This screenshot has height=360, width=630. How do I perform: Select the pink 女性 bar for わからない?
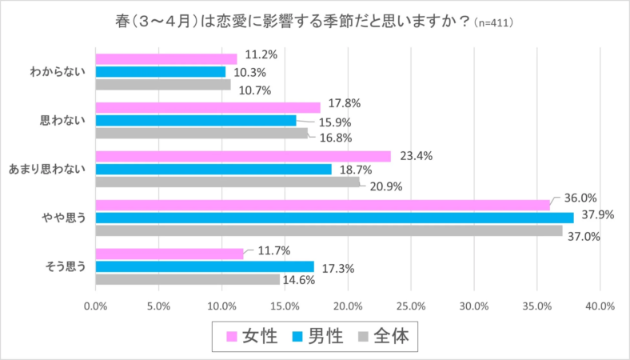pyautogui.click(x=166, y=58)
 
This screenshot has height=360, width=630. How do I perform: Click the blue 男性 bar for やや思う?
pyautogui.click(x=334, y=218)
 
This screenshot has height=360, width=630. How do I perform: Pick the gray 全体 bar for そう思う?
pyautogui.click(x=188, y=280)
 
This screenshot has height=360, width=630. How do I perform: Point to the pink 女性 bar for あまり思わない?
pyautogui.click(x=243, y=156)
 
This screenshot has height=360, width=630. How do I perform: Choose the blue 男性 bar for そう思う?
pyautogui.click(x=205, y=266)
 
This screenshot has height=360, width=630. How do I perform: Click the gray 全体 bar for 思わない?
pyautogui.click(x=201, y=134)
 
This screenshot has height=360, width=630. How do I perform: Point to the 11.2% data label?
pyautogui.click(x=261, y=55)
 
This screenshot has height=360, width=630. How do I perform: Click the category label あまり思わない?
pyautogui.click(x=47, y=170)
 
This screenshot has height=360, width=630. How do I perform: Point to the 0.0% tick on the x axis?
pyautogui.click(x=95, y=306)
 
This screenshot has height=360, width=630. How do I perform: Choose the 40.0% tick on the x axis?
pyautogui.click(x=600, y=306)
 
